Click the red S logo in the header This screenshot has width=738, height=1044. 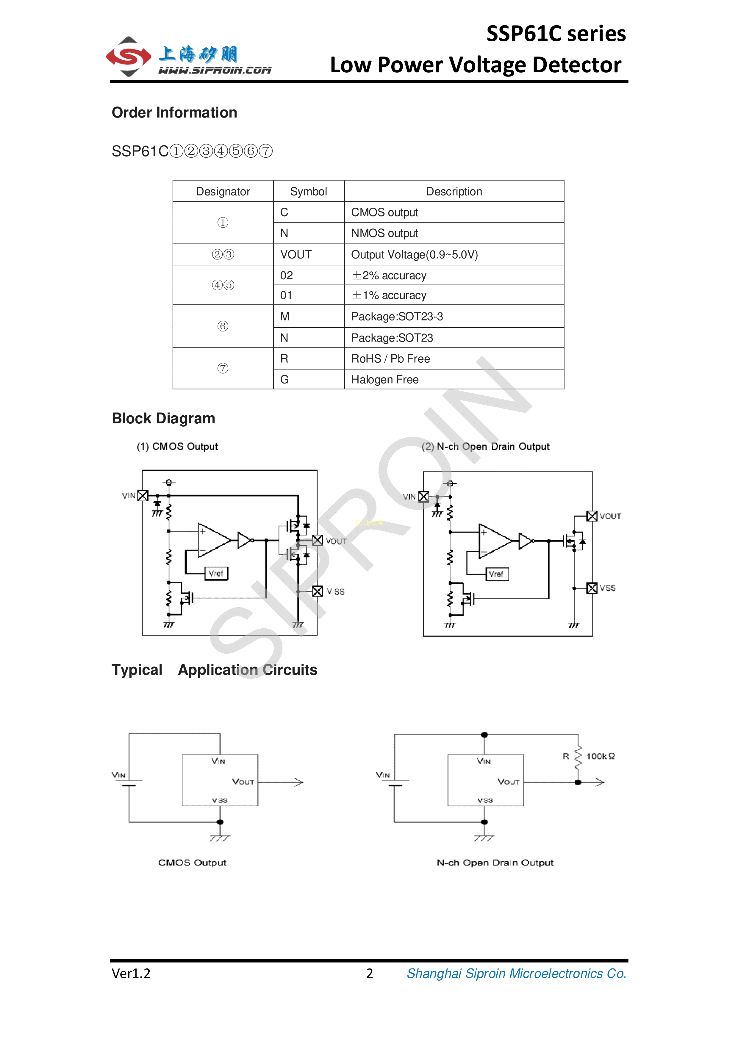click(x=129, y=57)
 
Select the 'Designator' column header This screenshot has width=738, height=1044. click(x=223, y=191)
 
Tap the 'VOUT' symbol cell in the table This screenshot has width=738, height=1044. click(x=296, y=255)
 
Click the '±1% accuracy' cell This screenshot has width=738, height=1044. click(x=389, y=295)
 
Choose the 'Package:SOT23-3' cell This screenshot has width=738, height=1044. click(x=397, y=317)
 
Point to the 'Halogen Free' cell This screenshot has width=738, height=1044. click(x=385, y=380)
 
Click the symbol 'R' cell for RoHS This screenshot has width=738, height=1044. click(x=284, y=359)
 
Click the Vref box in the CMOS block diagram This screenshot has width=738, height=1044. click(x=216, y=573)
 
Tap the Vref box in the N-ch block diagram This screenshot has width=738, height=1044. click(x=496, y=574)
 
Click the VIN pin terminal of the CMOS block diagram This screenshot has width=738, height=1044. click(x=143, y=496)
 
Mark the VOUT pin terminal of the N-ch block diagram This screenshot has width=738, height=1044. click(x=592, y=516)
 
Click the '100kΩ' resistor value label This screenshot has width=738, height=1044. click(x=600, y=756)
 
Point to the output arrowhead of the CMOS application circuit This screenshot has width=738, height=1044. click(x=299, y=782)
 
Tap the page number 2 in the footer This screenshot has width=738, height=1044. click(x=369, y=973)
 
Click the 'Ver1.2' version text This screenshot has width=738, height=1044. click(x=131, y=973)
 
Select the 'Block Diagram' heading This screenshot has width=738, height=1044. click(x=163, y=418)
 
